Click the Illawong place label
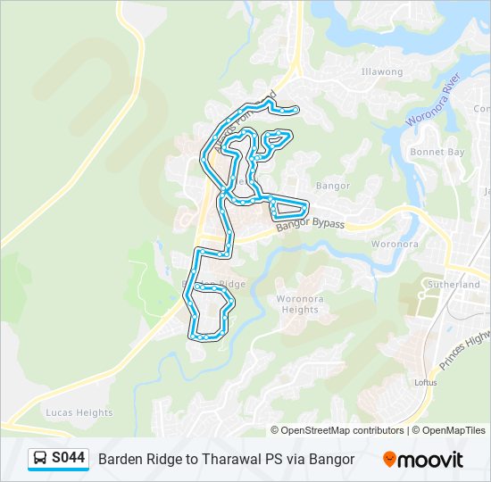pos(382,72)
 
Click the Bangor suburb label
pos(333,186)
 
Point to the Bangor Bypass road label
pos(310,226)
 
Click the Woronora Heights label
pos(297,304)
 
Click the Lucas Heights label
pos(80,413)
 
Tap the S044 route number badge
pos(68,459)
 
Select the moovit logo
pos(423,459)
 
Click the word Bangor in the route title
pos(334,459)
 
